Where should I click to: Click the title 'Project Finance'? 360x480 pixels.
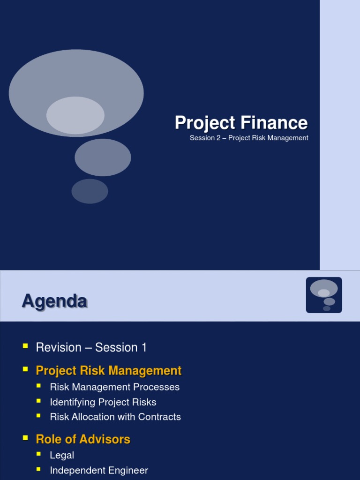241,123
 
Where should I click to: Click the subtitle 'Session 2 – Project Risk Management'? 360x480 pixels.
249,138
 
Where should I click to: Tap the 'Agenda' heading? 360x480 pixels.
54,301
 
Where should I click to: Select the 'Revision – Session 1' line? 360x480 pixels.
91,347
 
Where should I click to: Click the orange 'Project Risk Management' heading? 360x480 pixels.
108,371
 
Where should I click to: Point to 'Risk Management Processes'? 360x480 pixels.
114,387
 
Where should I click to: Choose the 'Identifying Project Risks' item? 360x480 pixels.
103,402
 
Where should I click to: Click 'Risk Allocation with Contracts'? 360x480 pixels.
115,417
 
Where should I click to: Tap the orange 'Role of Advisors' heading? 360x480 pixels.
83,439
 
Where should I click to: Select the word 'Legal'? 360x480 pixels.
62,455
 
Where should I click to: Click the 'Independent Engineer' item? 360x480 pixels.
99,471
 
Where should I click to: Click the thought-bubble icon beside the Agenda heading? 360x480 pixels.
324,295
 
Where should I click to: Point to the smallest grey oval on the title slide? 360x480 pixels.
90,191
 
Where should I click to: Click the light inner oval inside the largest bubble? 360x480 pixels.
75,115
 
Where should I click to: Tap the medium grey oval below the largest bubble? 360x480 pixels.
103,157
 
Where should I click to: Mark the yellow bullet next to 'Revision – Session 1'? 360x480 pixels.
25,346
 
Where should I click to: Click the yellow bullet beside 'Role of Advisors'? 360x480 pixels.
25,438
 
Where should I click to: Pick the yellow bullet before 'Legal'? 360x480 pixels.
39,454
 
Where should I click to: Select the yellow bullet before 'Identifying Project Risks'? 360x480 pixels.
39,401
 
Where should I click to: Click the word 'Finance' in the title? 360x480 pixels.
274,123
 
